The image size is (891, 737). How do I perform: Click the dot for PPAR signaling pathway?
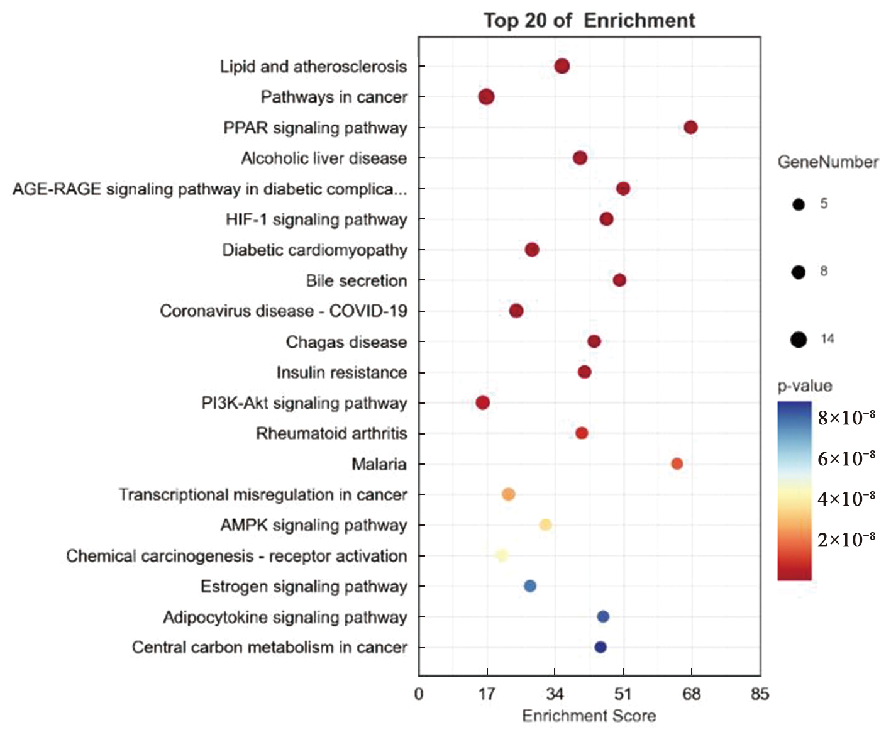pos(690,128)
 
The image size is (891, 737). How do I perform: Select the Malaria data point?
pos(677,464)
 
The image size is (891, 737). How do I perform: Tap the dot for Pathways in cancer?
pos(486,97)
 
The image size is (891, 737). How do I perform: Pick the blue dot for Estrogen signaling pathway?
pos(530,586)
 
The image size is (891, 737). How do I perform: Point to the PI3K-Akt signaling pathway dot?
pos(483,402)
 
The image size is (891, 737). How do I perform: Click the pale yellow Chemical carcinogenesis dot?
pos(502,555)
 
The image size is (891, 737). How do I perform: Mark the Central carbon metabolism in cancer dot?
pos(600,647)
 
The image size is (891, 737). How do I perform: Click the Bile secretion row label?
pos(357,280)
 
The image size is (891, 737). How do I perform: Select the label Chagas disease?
pos(346,342)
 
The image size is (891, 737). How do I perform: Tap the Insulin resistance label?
pos(341,372)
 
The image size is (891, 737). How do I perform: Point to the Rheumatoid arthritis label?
pos(331,433)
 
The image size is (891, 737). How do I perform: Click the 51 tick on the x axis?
pos(623,694)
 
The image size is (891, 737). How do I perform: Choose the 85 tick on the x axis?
pos(760,694)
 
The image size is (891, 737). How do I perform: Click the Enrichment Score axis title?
pos(589,716)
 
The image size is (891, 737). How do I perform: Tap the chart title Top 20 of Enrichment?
pos(589,21)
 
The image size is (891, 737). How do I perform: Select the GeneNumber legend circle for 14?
pos(799,340)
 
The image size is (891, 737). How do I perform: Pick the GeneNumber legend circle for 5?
pos(799,204)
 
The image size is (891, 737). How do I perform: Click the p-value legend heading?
pos(805,386)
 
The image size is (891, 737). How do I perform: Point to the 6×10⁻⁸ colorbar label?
pos(846,458)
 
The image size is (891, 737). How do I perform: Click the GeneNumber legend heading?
pos(828,162)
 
